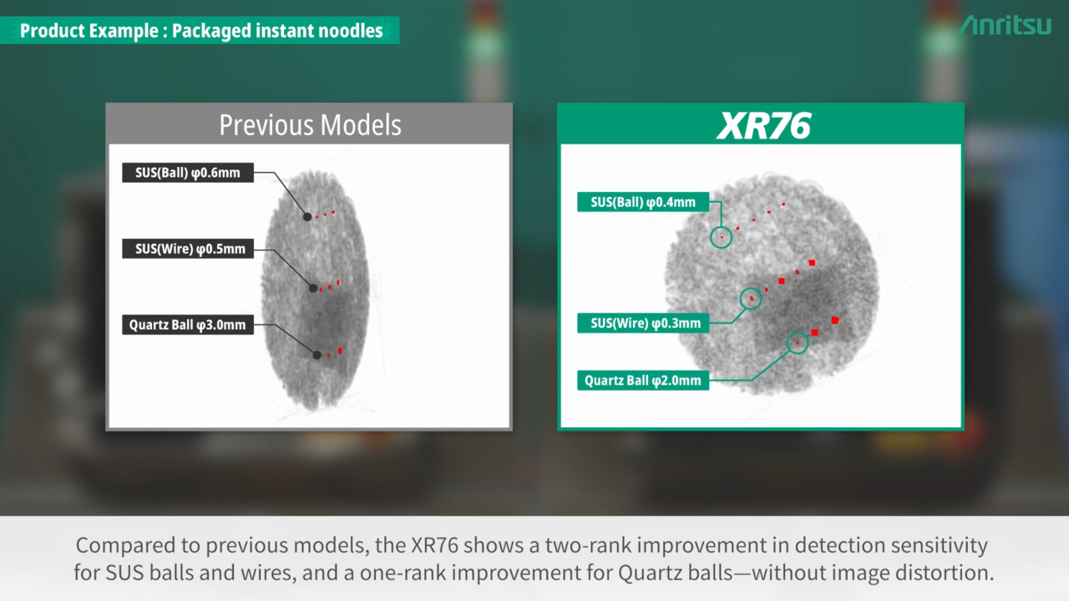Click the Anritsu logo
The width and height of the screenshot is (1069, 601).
pyautogui.click(x=1005, y=25)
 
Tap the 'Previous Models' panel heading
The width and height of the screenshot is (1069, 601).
pyautogui.click(x=310, y=125)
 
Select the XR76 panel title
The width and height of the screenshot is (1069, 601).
pyautogui.click(x=763, y=125)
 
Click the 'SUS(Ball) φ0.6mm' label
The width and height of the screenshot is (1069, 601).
pyautogui.click(x=188, y=173)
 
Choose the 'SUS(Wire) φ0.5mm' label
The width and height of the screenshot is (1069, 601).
pyautogui.click(x=188, y=249)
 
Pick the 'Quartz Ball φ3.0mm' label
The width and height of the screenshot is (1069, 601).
pyautogui.click(x=188, y=325)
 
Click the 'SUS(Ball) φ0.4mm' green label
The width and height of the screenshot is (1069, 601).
pyautogui.click(x=643, y=202)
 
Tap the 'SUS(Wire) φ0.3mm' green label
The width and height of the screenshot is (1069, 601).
pyautogui.click(x=643, y=323)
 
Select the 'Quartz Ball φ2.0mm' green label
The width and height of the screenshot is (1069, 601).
pyautogui.click(x=643, y=381)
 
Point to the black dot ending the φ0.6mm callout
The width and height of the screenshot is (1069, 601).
pyautogui.click(x=307, y=217)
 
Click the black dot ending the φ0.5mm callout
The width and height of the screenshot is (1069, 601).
pyautogui.click(x=313, y=288)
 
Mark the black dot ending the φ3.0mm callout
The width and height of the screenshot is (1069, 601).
pyautogui.click(x=317, y=355)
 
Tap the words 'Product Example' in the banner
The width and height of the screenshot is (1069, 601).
pyautogui.click(x=89, y=31)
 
